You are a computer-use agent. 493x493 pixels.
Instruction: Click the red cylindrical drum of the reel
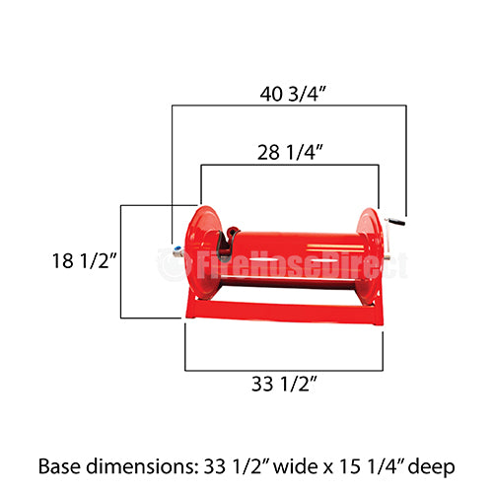(x=296, y=253)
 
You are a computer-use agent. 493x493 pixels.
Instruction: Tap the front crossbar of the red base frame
(x=286, y=311)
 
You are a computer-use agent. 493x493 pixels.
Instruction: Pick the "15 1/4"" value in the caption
(x=350, y=463)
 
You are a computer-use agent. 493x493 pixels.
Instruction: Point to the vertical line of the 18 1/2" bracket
(x=120, y=261)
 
